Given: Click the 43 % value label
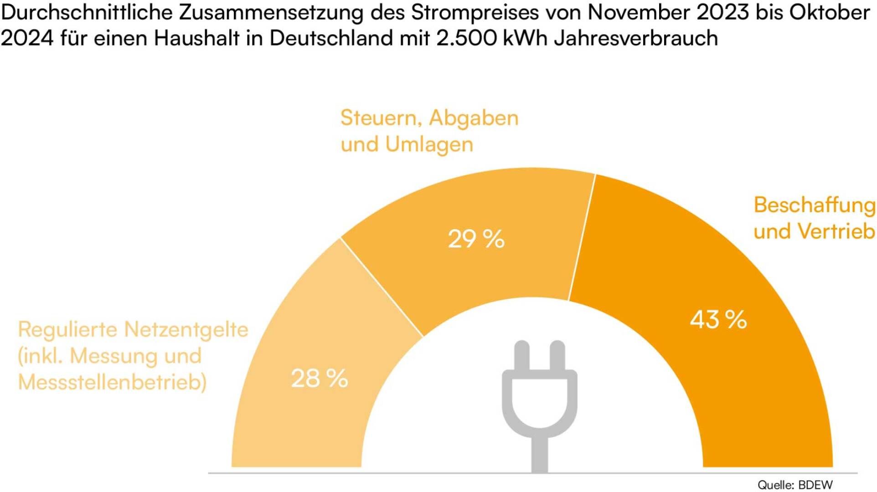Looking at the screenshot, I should click(718, 319).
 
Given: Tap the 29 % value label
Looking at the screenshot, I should click(476, 239).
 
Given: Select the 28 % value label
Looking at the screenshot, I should click(319, 379).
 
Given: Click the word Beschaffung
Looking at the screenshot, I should click(814, 205).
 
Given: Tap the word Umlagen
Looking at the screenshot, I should click(429, 144).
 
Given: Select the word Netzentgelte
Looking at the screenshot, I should click(186, 329).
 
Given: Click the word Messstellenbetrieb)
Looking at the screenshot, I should click(112, 382).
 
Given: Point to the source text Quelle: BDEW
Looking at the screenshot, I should click(795, 485).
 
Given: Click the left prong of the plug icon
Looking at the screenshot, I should click(521, 356).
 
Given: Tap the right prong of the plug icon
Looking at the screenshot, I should click(557, 356).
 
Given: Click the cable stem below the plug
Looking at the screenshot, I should click(540, 456).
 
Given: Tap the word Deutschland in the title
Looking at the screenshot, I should click(331, 38).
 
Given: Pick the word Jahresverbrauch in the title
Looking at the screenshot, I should click(636, 38).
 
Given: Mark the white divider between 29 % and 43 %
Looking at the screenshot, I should click(582, 237).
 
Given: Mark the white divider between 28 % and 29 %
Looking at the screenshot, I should click(382, 287).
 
